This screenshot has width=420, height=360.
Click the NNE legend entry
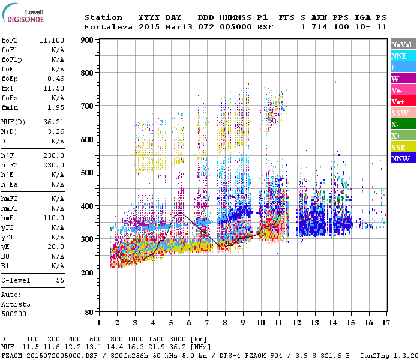pos(401,56)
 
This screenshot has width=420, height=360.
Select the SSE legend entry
pos(401,147)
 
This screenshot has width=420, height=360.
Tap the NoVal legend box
pos(401,44)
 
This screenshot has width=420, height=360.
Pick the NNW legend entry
pos(401,158)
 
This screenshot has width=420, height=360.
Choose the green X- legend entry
pos(401,124)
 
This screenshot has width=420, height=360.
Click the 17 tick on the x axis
pos(385,323)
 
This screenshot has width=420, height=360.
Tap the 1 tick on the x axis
pos(99,323)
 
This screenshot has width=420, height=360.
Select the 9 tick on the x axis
pos(242,323)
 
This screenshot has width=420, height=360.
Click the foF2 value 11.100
pos(52,40)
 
